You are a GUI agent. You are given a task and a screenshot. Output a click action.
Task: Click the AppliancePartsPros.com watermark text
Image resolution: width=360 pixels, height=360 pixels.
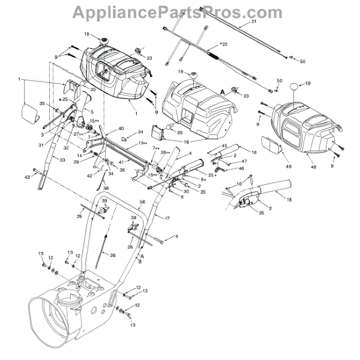click(x=178, y=11)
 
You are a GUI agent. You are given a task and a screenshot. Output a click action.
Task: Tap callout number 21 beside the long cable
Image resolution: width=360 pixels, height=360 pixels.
click(x=253, y=22)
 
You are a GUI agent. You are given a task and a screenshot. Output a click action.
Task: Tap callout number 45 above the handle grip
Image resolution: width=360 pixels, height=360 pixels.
click(x=224, y=146)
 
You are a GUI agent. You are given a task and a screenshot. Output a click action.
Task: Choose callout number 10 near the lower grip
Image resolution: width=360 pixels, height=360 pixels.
click(x=239, y=184)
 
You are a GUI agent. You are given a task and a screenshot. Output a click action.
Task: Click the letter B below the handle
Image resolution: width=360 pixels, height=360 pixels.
click(x=140, y=262)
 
